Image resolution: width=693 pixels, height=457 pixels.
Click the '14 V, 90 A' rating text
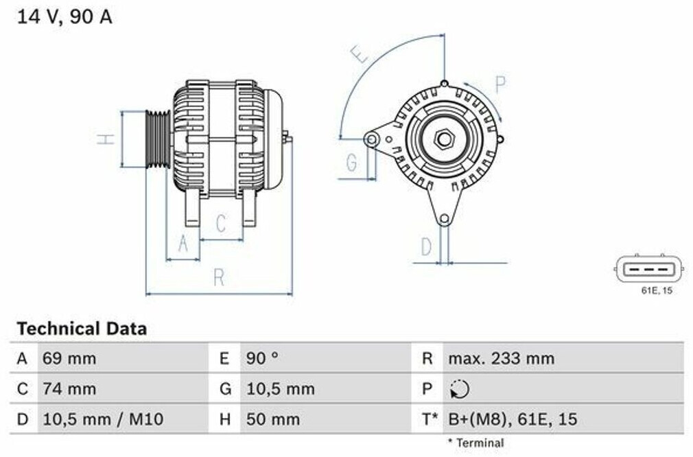(64, 17)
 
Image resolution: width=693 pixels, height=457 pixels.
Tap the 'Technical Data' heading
(82, 329)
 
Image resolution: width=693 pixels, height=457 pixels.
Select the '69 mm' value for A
(69, 358)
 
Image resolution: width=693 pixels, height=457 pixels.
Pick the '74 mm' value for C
(69, 389)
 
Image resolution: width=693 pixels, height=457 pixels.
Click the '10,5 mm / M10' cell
(103, 419)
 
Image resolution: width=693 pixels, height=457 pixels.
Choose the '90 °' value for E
(263, 358)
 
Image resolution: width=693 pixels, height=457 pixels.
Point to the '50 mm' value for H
(273, 419)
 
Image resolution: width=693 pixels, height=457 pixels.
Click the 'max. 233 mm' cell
(501, 358)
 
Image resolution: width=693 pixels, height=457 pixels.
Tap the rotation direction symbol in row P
(460, 389)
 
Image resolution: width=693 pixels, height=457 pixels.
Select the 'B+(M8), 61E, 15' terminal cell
(513, 419)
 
